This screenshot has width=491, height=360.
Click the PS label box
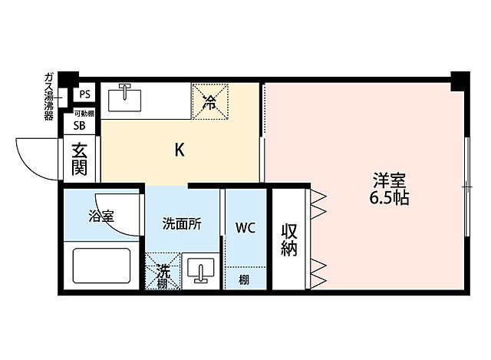click(x=84, y=94)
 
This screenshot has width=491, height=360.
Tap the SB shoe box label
click(x=80, y=127)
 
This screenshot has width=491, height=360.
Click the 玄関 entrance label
click(x=80, y=159)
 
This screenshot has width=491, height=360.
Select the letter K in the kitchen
click(x=179, y=150)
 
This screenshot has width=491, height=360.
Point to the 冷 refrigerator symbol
click(x=209, y=101)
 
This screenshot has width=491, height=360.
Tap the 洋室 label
click(x=389, y=181)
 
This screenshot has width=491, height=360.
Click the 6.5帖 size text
click(x=389, y=198)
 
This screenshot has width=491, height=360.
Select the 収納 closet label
click(x=289, y=239)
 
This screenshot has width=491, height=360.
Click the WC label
click(x=245, y=228)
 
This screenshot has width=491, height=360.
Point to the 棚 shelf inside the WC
click(x=243, y=279)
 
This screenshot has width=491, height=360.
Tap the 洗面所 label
click(x=182, y=224)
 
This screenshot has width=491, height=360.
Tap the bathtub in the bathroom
click(x=104, y=265)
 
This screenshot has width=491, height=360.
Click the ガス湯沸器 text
click(x=49, y=95)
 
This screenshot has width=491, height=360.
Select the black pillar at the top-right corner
click(x=460, y=78)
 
